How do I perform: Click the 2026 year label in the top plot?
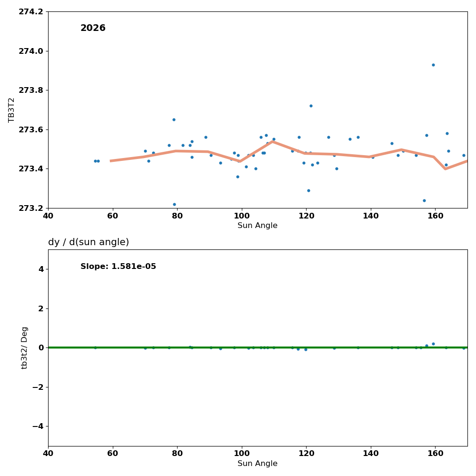[93, 28]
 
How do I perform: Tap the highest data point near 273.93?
[433, 65]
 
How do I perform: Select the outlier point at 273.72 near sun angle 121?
[311, 106]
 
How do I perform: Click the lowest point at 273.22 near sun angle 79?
[174, 204]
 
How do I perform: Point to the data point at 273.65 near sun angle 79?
[174, 119]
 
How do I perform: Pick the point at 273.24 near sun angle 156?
[424, 200]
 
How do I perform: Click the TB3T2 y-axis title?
[12, 110]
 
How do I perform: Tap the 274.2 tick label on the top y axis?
[31, 11]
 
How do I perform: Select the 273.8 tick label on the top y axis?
[31, 90]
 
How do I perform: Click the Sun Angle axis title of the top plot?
[258, 226]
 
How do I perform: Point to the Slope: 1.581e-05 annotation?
[118, 267]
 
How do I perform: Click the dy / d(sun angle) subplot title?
[89, 242]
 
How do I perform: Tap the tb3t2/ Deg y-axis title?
[25, 347]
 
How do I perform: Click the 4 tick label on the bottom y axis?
[40, 269]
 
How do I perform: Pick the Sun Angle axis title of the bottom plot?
[258, 464]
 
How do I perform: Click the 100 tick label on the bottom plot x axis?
[242, 454]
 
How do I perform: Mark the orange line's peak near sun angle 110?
[273, 141]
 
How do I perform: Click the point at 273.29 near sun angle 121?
[308, 190]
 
